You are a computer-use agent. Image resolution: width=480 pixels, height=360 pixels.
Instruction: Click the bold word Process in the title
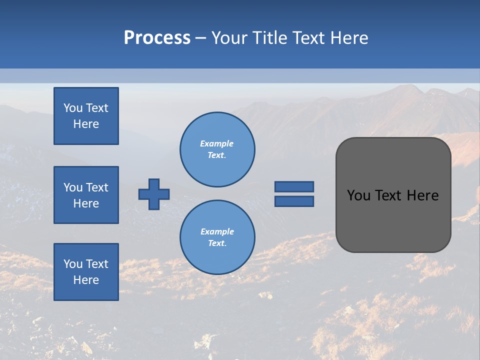157,38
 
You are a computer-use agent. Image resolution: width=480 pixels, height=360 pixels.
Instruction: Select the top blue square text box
86,116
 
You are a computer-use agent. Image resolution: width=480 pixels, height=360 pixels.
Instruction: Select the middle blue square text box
86,195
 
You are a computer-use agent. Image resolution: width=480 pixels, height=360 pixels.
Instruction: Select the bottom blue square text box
86,272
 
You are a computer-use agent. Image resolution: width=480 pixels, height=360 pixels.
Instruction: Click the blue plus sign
154,194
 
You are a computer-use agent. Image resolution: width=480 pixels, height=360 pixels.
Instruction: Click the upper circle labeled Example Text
217,149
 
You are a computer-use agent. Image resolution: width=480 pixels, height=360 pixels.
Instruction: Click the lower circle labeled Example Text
217,237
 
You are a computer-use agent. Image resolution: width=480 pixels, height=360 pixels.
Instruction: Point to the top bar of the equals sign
294,187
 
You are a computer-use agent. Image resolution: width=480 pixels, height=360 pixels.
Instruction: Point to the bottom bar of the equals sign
294,201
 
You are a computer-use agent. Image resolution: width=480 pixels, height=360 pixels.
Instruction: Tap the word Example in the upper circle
217,144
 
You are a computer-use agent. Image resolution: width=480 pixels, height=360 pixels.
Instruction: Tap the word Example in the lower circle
217,232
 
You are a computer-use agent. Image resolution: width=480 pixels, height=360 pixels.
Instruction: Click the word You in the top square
73,108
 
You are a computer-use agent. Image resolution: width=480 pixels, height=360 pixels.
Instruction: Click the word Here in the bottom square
86,280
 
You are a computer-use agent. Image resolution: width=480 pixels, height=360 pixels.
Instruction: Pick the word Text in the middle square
97,187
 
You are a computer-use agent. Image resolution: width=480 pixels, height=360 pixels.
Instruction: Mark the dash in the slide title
200,38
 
